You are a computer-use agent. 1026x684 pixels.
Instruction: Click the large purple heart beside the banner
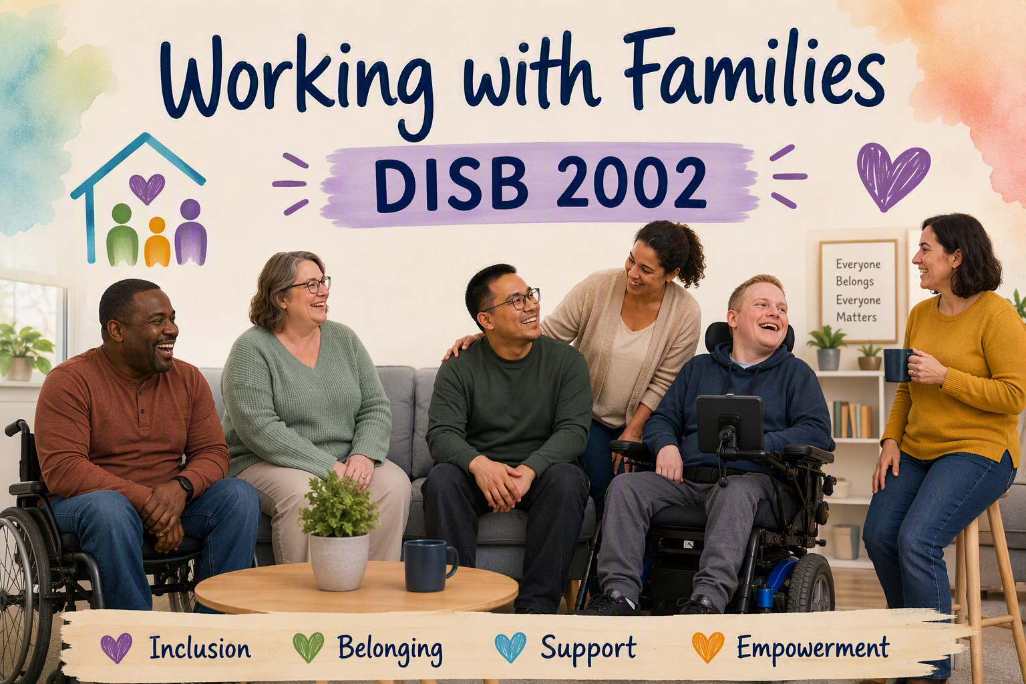point(893,176)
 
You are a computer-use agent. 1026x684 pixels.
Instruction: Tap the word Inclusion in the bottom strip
point(200,649)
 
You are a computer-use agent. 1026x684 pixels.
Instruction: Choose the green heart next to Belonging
point(308,647)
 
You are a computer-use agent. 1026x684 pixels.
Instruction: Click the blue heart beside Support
point(510,647)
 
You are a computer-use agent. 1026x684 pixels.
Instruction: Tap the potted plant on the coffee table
point(339,532)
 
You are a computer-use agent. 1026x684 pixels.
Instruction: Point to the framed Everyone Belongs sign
point(858,291)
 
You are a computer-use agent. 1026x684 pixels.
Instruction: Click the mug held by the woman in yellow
point(898,365)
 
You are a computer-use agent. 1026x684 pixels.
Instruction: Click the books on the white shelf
point(850,419)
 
